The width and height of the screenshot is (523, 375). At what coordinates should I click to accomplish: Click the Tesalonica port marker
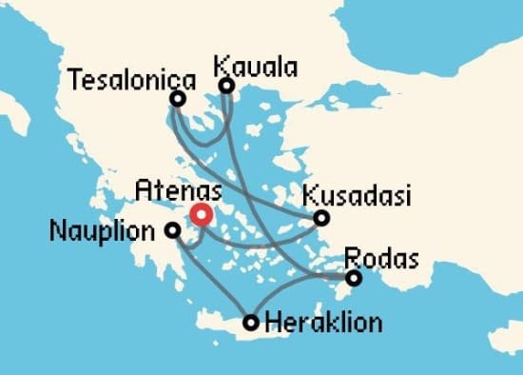(178, 98)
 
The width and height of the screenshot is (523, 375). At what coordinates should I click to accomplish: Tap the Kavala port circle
(226, 86)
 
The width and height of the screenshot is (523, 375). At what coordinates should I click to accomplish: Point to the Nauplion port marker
(172, 229)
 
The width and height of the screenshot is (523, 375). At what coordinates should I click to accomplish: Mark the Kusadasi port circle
(322, 218)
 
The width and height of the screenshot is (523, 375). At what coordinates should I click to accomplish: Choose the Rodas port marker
(354, 278)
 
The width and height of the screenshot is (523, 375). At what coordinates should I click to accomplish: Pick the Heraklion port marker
(251, 323)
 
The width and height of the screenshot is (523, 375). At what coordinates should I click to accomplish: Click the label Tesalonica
(132, 78)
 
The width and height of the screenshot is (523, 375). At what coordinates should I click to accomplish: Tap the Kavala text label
(255, 67)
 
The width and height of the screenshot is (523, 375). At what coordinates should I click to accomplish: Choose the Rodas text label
(379, 258)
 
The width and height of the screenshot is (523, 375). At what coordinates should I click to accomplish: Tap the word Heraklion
(323, 323)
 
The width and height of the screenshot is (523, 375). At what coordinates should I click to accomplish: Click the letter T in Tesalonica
(76, 78)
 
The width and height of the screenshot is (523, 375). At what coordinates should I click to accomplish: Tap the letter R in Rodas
(349, 258)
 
